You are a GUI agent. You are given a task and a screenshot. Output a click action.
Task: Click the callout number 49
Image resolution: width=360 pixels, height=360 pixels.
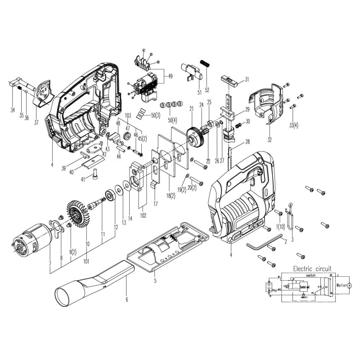point(170,76)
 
